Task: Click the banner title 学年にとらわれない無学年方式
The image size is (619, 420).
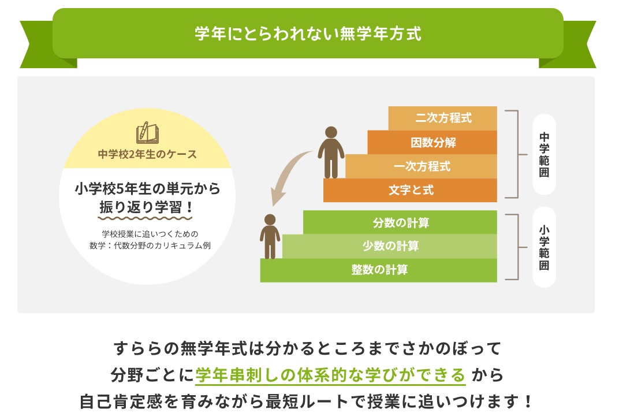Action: [308, 34]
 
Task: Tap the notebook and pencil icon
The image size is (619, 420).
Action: [147, 132]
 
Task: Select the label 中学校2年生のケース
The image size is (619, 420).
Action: [147, 154]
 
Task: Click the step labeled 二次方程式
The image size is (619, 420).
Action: [442, 118]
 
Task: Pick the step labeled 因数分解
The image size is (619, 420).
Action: [432, 142]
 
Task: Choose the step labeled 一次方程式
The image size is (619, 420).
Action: [421, 166]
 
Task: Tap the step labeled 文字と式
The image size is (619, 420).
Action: [410, 190]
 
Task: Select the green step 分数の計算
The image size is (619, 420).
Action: [400, 222]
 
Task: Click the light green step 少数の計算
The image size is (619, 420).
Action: [390, 246]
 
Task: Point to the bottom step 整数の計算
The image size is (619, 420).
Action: [379, 270]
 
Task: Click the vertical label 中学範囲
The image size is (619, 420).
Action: [544, 154]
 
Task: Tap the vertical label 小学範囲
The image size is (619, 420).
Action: [544, 247]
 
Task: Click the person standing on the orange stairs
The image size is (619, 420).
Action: [331, 153]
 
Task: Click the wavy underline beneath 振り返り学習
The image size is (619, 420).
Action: [145, 218]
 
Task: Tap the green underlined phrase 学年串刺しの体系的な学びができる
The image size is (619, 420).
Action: [330, 375]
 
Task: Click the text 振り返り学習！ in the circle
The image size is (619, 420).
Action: [146, 207]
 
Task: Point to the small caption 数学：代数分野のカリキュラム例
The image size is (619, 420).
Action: [150, 246]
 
